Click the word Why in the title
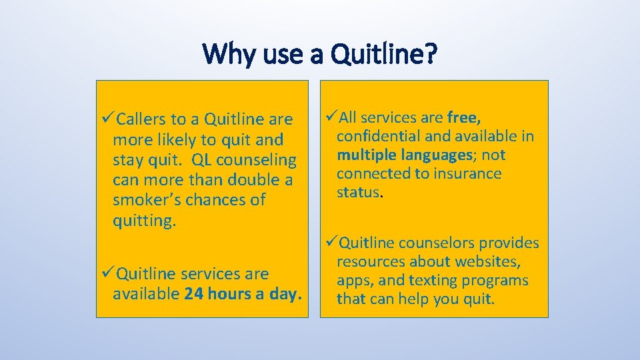(x=225, y=54)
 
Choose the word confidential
(x=377, y=137)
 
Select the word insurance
(x=470, y=174)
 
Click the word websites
(x=489, y=262)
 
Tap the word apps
(x=353, y=281)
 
